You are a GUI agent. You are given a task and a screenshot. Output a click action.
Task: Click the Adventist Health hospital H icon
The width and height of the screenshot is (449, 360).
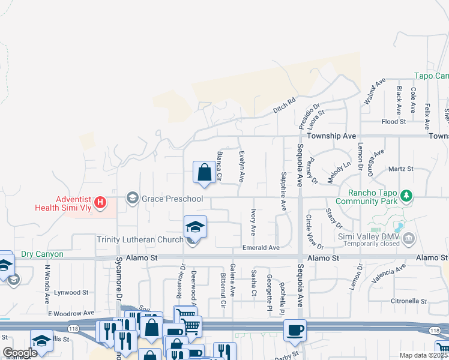(101, 203)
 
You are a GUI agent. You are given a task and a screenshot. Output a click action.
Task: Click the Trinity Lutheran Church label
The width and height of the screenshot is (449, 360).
(140, 240)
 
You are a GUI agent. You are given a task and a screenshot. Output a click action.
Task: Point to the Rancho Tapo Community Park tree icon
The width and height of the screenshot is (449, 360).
(407, 196)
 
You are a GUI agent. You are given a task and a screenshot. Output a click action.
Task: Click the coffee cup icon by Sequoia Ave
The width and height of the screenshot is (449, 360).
(295, 330)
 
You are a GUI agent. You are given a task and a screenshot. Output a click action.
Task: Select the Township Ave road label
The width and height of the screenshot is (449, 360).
(332, 136)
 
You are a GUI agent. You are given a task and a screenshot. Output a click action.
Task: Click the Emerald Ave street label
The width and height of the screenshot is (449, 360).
(261, 248)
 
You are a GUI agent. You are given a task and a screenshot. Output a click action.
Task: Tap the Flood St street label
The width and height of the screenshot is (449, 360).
(394, 122)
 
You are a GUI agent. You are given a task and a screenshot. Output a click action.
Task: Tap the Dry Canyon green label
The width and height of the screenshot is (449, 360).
(42, 254)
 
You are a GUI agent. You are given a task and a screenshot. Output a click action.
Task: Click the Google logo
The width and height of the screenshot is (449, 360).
(20, 353)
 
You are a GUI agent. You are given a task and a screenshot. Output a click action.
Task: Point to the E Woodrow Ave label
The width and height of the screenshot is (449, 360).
(71, 313)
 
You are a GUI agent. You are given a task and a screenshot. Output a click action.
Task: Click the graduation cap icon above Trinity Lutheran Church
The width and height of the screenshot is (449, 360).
(196, 227)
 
